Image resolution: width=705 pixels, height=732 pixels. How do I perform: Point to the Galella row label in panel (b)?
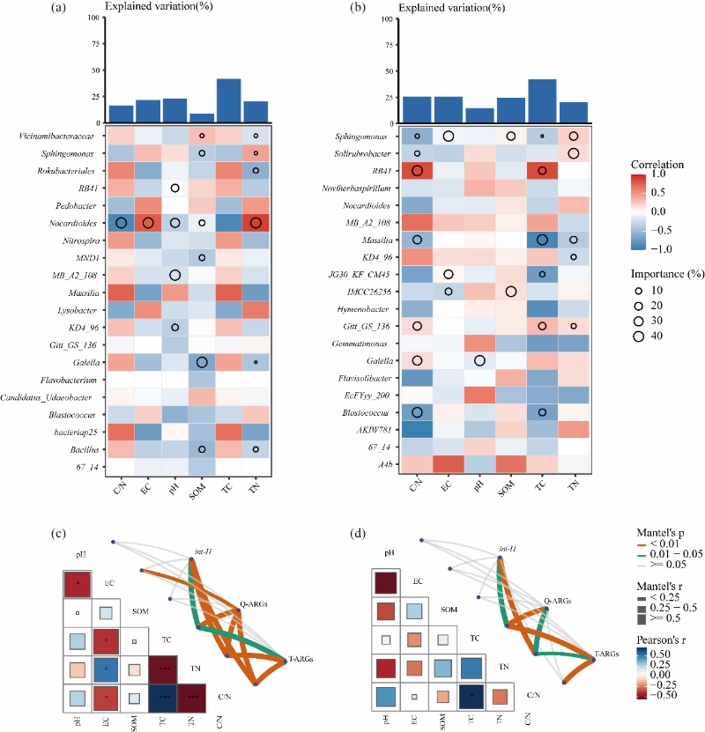click(379, 359)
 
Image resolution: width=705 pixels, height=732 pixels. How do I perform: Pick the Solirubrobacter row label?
click(366, 154)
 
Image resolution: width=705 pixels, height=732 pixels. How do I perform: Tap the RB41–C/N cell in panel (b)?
click(417, 171)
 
